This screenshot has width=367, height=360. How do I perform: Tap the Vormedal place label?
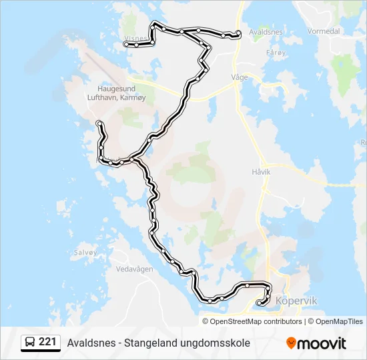coord(325,31)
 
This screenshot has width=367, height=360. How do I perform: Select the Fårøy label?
coord(275,52)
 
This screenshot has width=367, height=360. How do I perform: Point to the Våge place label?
coord(239,77)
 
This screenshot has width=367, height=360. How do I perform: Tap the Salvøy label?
coord(86,253)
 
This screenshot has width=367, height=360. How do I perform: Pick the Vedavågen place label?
coord(134,269)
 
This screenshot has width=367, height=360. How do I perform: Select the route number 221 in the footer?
coord(47,342)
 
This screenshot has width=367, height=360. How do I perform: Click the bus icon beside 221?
coord(30,343)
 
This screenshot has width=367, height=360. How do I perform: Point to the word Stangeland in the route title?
coord(148,343)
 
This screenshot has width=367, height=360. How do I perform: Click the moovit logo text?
coord(322,343)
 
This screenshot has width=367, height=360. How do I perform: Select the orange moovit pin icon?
coord(291,343)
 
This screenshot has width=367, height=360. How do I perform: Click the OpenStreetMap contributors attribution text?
coord(256,321)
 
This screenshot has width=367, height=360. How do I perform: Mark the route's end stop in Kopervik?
coord(259,303)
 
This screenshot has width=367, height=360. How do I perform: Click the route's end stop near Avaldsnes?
coord(238,33)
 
